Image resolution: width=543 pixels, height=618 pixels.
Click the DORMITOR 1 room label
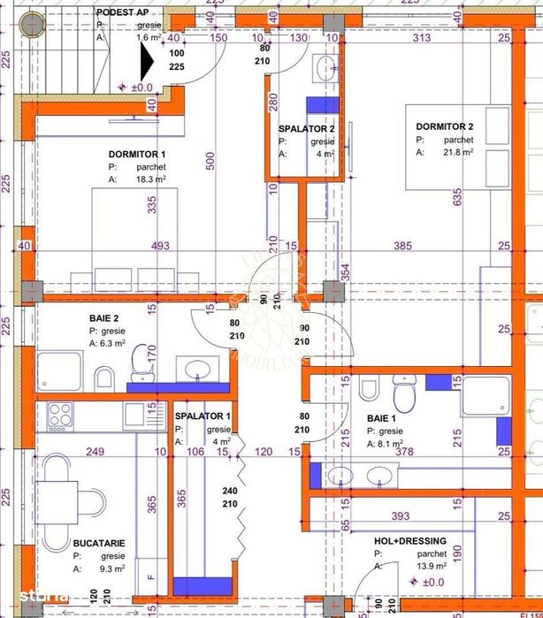click(137, 154)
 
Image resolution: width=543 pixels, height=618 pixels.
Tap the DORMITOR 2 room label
click(445, 126)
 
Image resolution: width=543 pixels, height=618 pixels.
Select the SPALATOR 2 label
click(306, 128)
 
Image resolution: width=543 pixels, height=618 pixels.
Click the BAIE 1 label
click(383, 418)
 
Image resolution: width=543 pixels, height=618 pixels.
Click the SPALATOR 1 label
click(203, 416)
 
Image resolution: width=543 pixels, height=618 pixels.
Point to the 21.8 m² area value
click(456, 152)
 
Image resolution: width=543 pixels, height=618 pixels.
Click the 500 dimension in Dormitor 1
click(210, 160)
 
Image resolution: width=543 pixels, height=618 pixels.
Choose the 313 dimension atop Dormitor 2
click(421, 37)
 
